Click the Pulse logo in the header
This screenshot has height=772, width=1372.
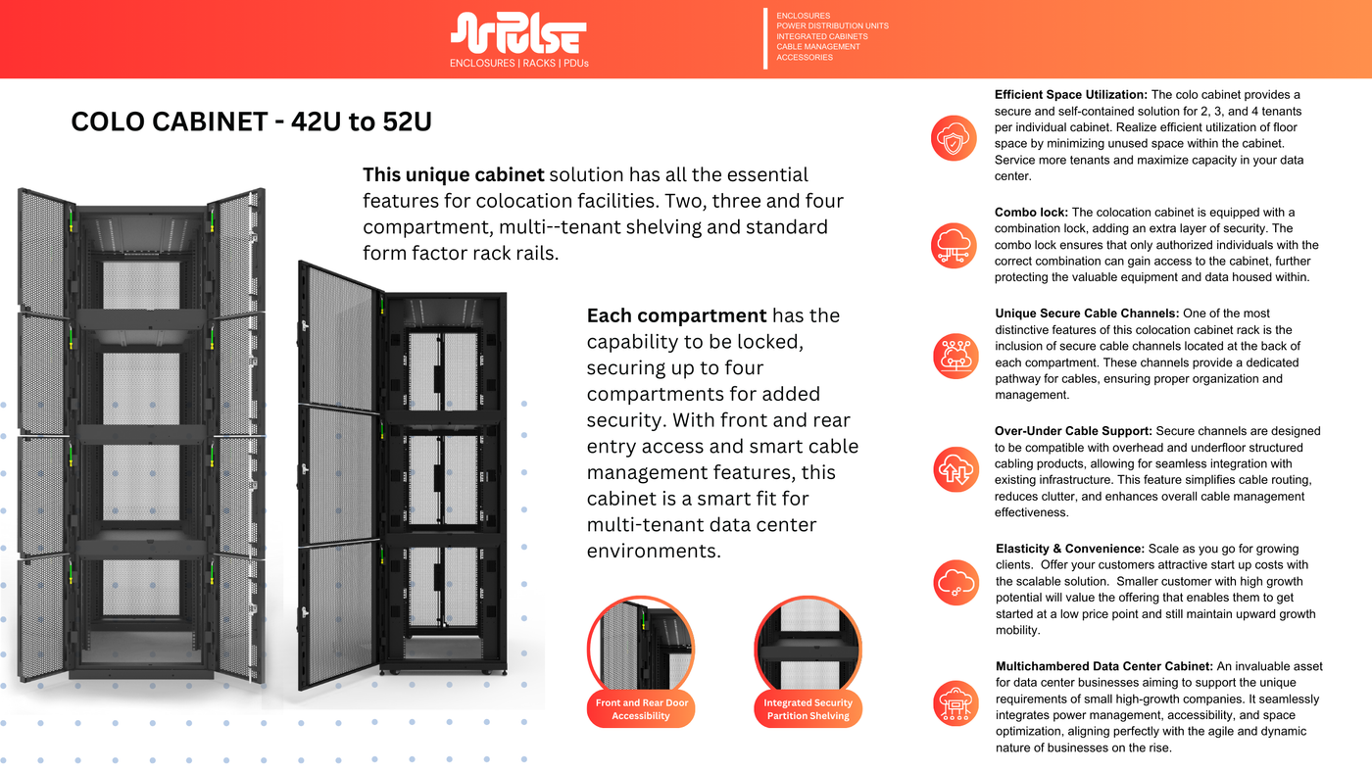pyautogui.click(x=518, y=33)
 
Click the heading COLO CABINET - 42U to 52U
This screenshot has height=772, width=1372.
pyautogui.click(x=251, y=122)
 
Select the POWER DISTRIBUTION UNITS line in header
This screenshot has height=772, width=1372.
pyautogui.click(x=832, y=26)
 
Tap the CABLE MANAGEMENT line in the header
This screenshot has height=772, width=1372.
pyautogui.click(x=817, y=47)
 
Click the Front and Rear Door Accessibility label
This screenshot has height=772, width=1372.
pyautogui.click(x=641, y=709)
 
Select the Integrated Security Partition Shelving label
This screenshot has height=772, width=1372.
pyautogui.click(x=808, y=709)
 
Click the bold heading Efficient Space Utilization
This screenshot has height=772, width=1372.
pyautogui.click(x=1070, y=95)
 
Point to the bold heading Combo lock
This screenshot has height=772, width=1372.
pyautogui.click(x=1032, y=213)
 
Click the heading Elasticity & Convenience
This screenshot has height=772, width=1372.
pyautogui.click(x=1069, y=549)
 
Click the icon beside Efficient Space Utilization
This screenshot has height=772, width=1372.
pyautogui.click(x=954, y=137)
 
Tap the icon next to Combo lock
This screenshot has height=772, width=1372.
pyautogui.click(x=954, y=245)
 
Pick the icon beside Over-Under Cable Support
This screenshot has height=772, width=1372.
pyautogui.click(x=954, y=468)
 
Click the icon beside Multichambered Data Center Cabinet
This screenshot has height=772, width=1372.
pyautogui.click(x=954, y=703)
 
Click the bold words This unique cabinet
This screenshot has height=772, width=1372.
pyautogui.click(x=453, y=175)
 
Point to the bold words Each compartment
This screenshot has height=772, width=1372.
pyautogui.click(x=676, y=315)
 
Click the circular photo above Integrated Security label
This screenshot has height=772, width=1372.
pyautogui.click(x=808, y=644)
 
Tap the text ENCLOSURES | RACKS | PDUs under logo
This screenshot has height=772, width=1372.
pyautogui.click(x=518, y=63)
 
